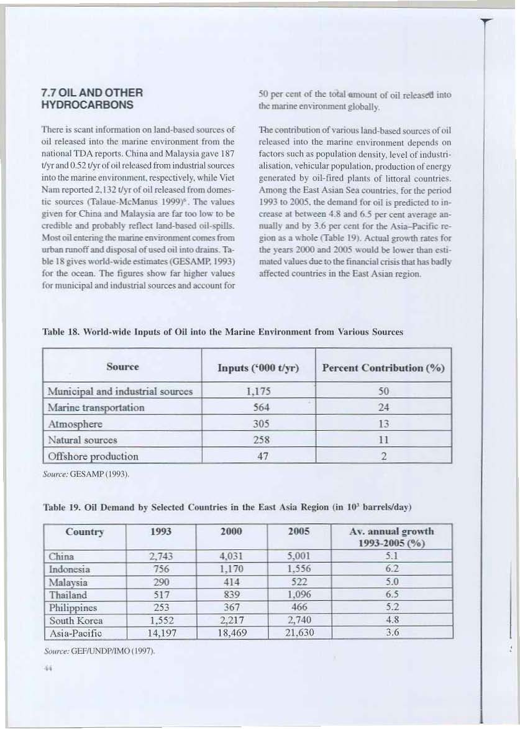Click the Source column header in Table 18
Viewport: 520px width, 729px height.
(x=122, y=367)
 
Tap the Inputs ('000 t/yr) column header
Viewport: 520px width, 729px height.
(x=258, y=368)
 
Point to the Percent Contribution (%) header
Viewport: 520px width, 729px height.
(x=383, y=368)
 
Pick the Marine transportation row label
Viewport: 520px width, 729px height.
(x=96, y=408)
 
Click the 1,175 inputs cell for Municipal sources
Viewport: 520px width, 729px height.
(x=258, y=392)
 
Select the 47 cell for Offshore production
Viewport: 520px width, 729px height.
(x=258, y=456)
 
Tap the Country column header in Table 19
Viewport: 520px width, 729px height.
(x=84, y=533)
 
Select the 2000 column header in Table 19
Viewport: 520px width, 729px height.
(x=231, y=533)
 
